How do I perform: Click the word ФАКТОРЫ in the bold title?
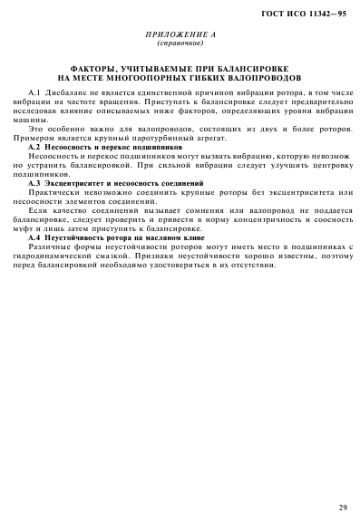[x=92, y=69]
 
